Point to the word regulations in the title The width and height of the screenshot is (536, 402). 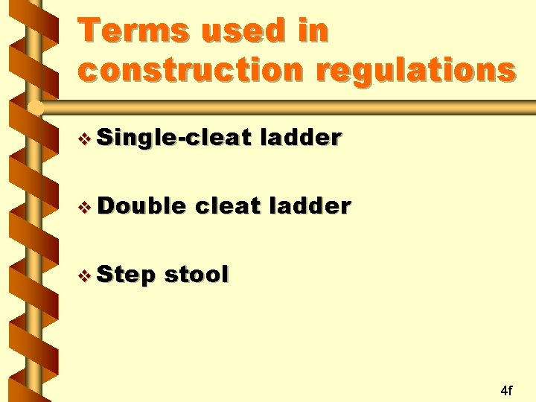(415, 71)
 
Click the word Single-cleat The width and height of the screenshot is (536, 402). (176, 137)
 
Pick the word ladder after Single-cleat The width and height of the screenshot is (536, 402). (301, 137)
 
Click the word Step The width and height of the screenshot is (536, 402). (126, 275)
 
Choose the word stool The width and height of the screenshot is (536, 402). (196, 274)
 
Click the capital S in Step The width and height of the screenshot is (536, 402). (105, 274)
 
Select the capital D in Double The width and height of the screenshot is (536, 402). (106, 205)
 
